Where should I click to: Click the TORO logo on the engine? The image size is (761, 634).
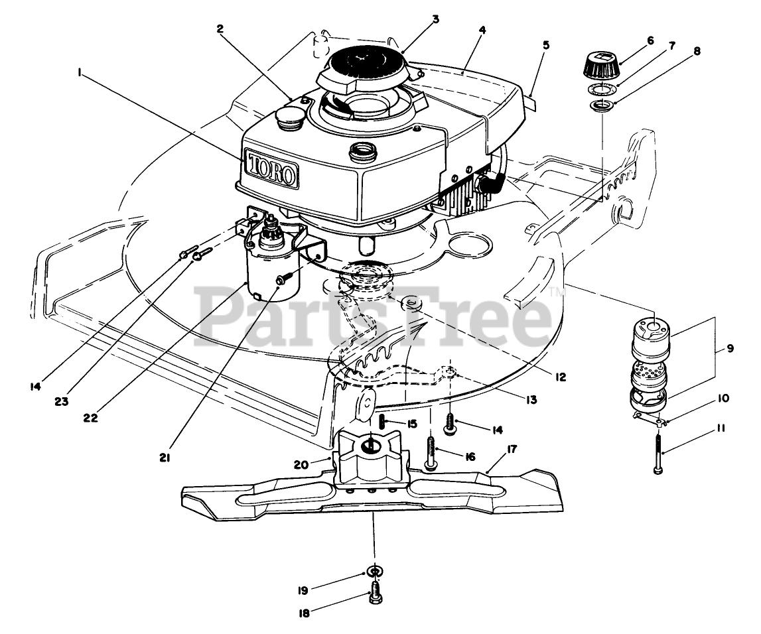point(271,168)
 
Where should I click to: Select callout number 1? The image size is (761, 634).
point(80,74)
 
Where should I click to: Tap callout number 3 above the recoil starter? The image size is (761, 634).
point(436,19)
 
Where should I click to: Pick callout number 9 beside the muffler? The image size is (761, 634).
point(730,348)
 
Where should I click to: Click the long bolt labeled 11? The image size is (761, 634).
point(657,451)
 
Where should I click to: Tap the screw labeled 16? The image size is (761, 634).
point(432,454)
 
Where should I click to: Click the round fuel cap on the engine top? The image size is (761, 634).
point(290,123)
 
